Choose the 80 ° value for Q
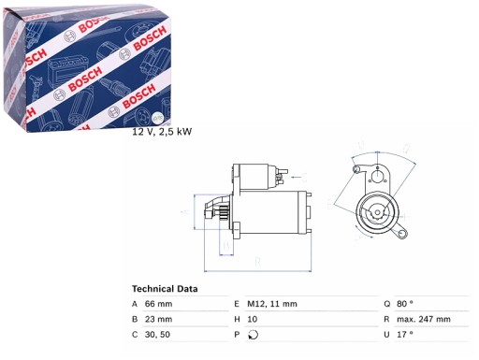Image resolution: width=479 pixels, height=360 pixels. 414,304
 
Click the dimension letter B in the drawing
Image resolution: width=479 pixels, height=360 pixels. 224,248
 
